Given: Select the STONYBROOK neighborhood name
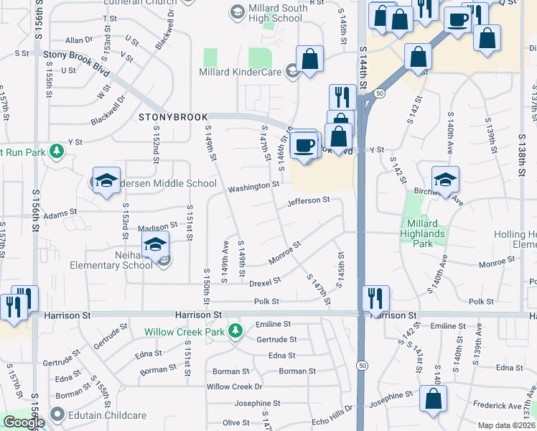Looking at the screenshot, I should pyautogui.click(x=173, y=116).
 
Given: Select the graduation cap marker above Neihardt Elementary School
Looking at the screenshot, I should pyautogui.click(x=155, y=245).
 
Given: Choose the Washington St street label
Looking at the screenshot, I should pyautogui.click(x=253, y=188).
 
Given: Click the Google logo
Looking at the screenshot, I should pyautogui.click(x=24, y=422).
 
